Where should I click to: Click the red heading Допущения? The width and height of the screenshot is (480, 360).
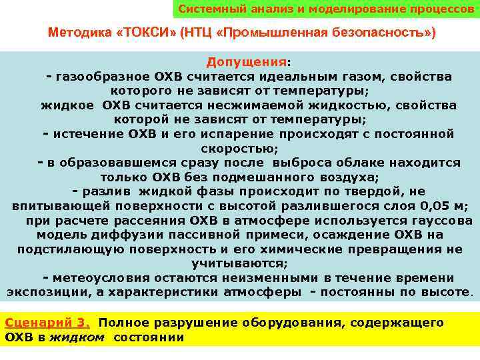coord(246,62)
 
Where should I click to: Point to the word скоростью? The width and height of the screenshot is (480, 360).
coord(247,149)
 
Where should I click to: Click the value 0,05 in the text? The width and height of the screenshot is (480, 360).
coord(433,206)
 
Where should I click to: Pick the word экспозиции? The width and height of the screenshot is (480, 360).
coord(41,292)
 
